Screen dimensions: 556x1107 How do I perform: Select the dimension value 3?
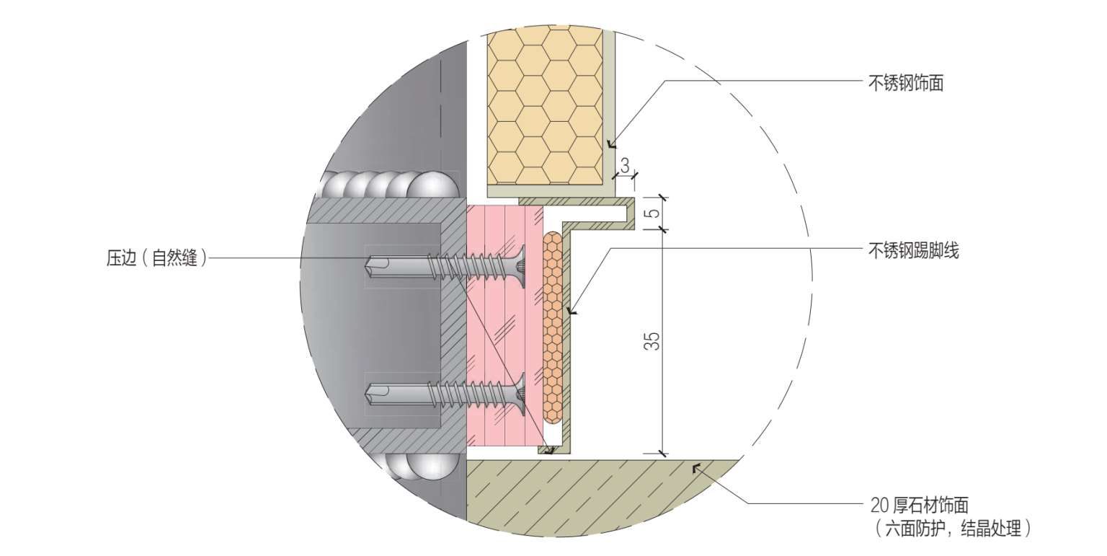[x=624, y=164]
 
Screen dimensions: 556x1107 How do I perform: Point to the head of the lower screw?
[x=520, y=393]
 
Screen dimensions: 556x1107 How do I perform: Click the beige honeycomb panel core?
[x=545, y=108]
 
